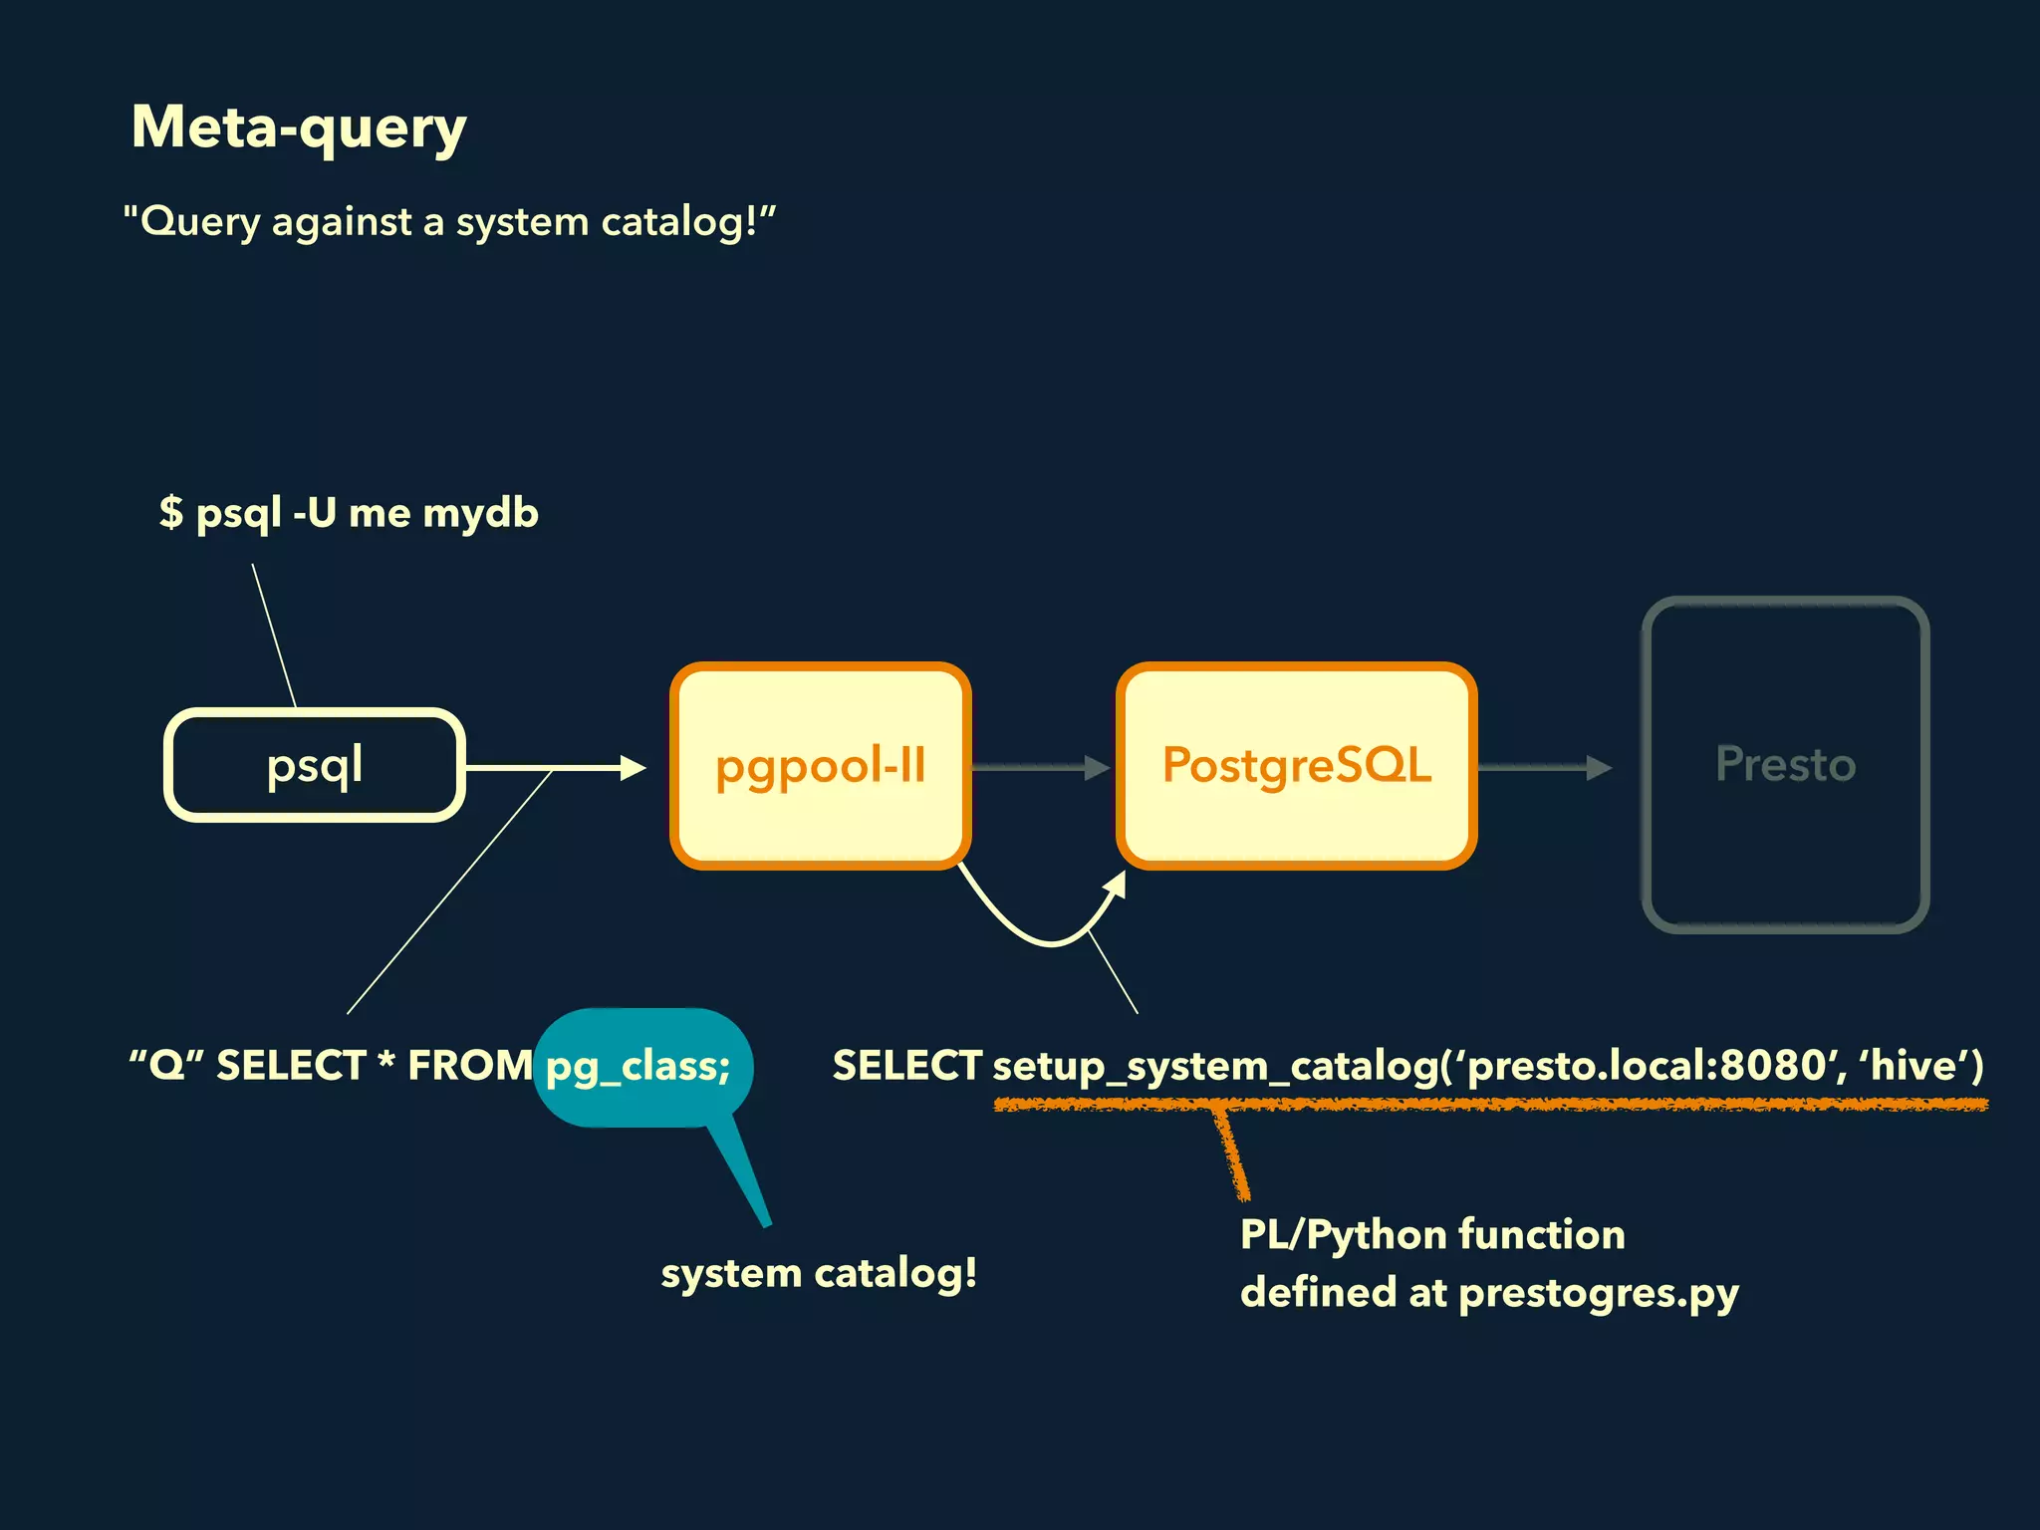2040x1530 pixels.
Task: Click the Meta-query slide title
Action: click(x=299, y=127)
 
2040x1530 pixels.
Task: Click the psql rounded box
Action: click(x=315, y=765)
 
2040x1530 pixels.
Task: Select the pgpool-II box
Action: click(x=820, y=765)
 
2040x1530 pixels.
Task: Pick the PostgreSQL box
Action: click(x=1296, y=765)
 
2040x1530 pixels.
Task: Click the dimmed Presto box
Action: click(x=1785, y=765)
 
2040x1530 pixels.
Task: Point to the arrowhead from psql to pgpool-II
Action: click(x=634, y=767)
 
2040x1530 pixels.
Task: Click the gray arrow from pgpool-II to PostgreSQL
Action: click(x=1041, y=767)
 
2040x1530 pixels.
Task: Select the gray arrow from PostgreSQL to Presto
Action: click(x=1544, y=767)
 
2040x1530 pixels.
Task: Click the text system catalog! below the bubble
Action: click(x=819, y=1273)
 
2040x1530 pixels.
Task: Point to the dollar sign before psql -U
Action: click(x=171, y=513)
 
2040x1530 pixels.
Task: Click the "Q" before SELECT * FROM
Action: click(x=166, y=1066)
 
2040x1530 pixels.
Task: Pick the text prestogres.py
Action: click(x=1598, y=1293)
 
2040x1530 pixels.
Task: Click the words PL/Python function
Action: click(x=1431, y=1235)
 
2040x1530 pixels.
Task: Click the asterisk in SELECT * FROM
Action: click(x=386, y=1062)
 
